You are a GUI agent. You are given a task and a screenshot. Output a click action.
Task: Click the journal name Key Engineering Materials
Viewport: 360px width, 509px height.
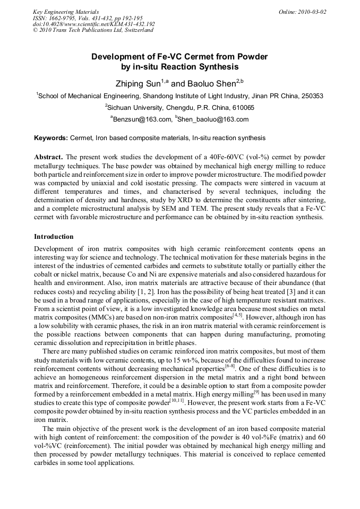pos(65,12)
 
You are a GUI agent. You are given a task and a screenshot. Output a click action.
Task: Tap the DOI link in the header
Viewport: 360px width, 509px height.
pos(93,24)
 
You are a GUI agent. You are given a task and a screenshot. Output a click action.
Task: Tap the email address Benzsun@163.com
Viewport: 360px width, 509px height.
pos(142,119)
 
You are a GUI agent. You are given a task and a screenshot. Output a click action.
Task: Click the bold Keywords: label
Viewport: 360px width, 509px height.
pos(51,138)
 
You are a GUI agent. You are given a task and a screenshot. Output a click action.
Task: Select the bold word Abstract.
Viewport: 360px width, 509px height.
pos(49,158)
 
